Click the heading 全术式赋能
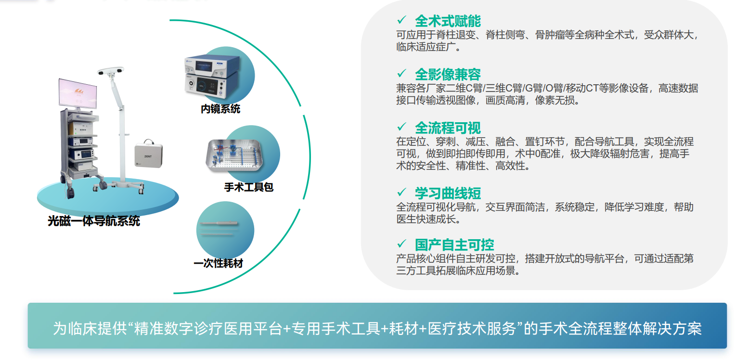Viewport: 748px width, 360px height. point(448,21)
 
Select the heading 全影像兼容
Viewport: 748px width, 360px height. point(448,74)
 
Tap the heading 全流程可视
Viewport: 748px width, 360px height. point(448,128)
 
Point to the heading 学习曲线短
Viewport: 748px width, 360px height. point(448,193)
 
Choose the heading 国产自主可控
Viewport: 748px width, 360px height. point(454,245)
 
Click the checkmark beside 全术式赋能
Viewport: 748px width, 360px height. point(402,20)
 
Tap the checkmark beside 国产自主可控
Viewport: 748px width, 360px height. point(402,244)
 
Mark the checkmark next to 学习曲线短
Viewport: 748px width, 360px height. point(402,192)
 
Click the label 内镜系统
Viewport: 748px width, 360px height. point(220,109)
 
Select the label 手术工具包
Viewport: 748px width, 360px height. point(249,187)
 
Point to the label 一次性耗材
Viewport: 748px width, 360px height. point(219,263)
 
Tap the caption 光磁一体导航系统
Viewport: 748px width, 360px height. point(94,221)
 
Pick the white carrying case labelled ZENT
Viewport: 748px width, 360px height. point(149,154)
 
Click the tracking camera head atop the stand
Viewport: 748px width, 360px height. point(111,71)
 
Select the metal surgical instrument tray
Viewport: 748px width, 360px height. point(234,155)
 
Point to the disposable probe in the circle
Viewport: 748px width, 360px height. point(219,223)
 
